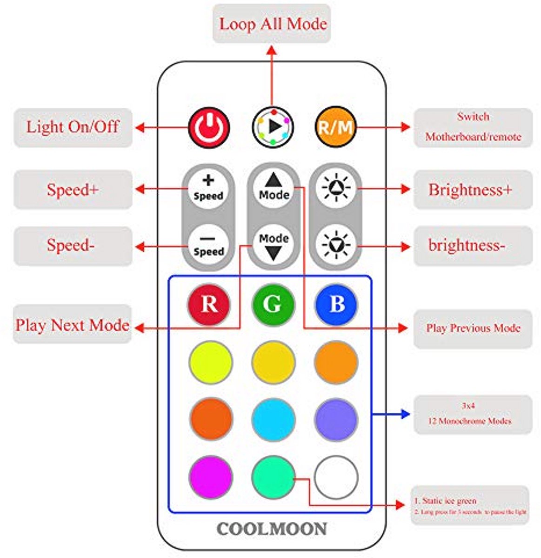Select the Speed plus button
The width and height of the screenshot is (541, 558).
pyautogui.click(x=208, y=188)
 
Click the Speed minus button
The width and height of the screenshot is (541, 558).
pyautogui.click(x=208, y=245)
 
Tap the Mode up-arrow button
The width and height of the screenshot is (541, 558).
pyautogui.click(x=274, y=187)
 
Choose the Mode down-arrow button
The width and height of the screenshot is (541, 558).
pyautogui.click(x=274, y=245)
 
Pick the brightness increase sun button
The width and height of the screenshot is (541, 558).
pyautogui.click(x=336, y=188)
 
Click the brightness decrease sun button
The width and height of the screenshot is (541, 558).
pyautogui.click(x=336, y=245)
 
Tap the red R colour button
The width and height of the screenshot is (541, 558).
pyautogui.click(x=209, y=305)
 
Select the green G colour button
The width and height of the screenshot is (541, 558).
pyautogui.click(x=273, y=305)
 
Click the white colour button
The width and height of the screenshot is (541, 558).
pyautogui.click(x=336, y=478)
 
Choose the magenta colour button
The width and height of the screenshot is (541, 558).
pyautogui.click(x=210, y=478)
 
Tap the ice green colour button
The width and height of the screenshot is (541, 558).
pyautogui.click(x=273, y=478)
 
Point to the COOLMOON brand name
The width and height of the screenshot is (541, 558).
pyautogui.click(x=272, y=529)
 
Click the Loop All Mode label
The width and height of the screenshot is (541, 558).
pyautogui.click(x=272, y=24)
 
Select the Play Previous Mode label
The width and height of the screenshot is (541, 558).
pyautogui.click(x=473, y=328)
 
